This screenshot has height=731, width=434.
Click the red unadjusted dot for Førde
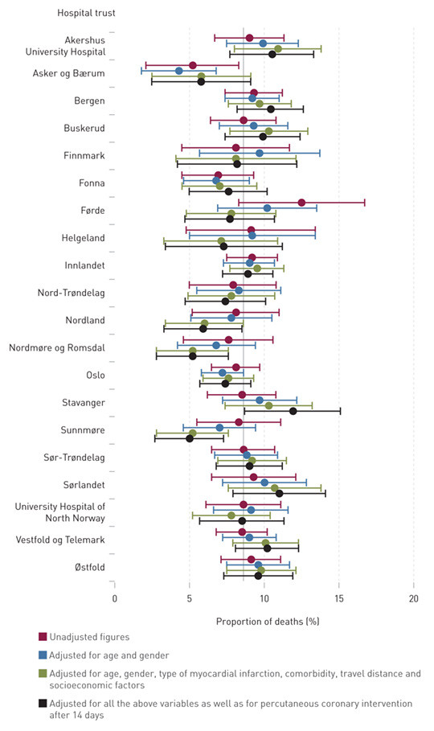click(301, 203)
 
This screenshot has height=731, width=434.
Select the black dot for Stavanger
click(293, 411)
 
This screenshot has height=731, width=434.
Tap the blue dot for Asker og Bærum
click(179, 71)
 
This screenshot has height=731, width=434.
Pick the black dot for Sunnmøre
click(190, 438)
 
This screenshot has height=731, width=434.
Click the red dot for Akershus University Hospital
click(249, 38)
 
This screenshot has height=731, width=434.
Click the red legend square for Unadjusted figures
click(43, 637)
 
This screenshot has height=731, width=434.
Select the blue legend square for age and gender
click(43, 655)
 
